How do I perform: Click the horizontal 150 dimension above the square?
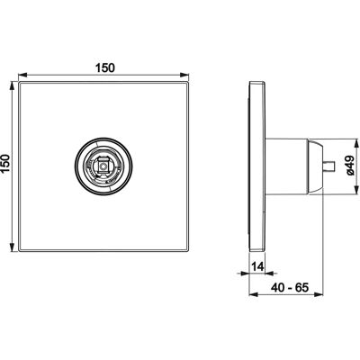pos(105,68)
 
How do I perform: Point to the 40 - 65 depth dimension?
pos(290,287)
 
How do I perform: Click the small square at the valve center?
pos(103,166)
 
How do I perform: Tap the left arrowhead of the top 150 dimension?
pos(22,75)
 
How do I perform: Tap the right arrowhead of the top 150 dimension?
pos(184,75)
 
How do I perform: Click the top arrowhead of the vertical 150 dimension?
pos(12,86)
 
